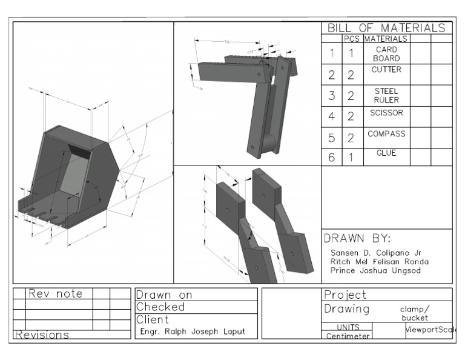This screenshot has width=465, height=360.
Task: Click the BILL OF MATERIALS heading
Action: pyautogui.click(x=387, y=28)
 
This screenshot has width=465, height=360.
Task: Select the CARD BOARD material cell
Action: pyautogui.click(x=386, y=54)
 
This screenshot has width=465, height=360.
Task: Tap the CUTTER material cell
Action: pyautogui.click(x=386, y=70)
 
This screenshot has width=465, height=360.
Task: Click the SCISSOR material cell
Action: pyautogui.click(x=386, y=113)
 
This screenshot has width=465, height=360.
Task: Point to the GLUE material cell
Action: pyautogui.click(x=386, y=153)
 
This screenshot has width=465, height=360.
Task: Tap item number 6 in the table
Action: pyautogui.click(x=332, y=157)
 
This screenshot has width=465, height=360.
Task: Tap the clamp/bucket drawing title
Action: pyautogui.click(x=414, y=313)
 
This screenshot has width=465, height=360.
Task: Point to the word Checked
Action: pyautogui.click(x=160, y=307)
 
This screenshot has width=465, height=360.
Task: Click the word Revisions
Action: pyautogui.click(x=42, y=335)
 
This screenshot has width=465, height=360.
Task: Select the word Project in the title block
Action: pyautogui.click(x=346, y=295)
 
